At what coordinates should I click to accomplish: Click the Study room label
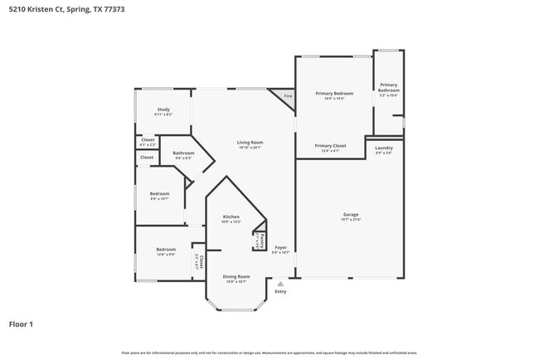(x=163, y=109)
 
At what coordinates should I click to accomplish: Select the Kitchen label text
(x=231, y=216)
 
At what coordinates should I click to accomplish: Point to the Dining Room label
(x=236, y=276)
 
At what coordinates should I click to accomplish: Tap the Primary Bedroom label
(x=333, y=94)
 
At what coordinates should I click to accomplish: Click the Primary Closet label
(x=329, y=146)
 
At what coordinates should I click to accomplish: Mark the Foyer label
(x=281, y=246)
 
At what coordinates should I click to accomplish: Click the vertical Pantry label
(x=261, y=241)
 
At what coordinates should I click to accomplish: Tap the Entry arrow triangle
(x=280, y=284)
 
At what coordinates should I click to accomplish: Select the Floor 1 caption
(x=21, y=324)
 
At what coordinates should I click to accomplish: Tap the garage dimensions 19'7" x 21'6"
(x=350, y=220)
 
